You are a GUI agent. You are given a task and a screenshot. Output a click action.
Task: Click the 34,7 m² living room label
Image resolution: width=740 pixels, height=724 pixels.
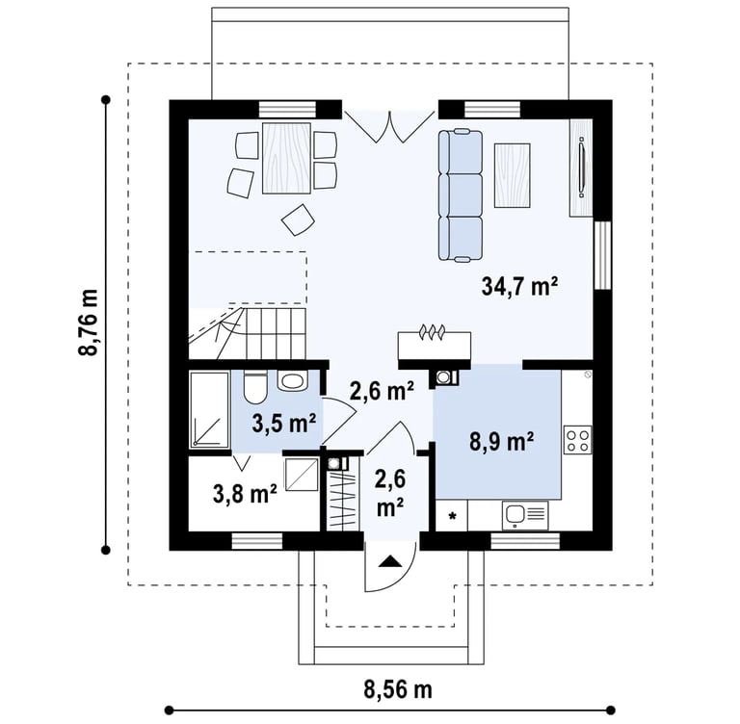[519, 286]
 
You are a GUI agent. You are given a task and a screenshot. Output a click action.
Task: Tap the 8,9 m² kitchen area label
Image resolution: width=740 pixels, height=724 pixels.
[501, 443]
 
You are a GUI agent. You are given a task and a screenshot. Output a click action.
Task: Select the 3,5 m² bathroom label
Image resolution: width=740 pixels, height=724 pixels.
[283, 424]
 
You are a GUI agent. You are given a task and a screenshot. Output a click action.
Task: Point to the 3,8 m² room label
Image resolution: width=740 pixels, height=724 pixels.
[245, 494]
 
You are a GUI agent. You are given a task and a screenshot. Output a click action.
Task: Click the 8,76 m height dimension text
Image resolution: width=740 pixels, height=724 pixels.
[89, 323]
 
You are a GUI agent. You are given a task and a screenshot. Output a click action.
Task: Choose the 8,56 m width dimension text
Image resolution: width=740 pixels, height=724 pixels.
[398, 690]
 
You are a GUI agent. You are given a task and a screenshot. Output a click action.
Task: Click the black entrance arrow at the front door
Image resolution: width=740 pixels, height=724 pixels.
[390, 560]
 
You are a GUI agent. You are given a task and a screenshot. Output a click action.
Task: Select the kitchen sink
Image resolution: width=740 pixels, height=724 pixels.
[526, 514]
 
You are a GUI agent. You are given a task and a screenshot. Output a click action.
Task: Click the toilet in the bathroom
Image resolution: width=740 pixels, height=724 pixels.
[255, 386]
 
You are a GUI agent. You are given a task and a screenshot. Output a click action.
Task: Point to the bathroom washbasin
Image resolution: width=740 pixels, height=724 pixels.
[293, 379]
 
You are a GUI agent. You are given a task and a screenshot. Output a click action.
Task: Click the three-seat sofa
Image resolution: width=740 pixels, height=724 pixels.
[461, 194]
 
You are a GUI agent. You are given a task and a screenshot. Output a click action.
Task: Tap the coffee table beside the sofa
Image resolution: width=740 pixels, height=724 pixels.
[512, 175]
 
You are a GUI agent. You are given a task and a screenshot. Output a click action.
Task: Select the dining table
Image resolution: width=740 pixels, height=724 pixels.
[286, 158]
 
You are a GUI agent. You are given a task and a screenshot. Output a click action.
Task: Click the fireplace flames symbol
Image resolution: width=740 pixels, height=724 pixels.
[432, 331]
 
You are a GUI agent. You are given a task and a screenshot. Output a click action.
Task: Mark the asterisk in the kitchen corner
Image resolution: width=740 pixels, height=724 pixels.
[452, 516]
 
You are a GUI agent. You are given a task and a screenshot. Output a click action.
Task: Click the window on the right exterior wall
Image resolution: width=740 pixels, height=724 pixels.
[602, 255]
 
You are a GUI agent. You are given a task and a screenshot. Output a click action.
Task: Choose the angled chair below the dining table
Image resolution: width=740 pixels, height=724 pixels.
[298, 220]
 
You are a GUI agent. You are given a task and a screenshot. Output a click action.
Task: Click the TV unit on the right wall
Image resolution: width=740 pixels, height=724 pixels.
[581, 168]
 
